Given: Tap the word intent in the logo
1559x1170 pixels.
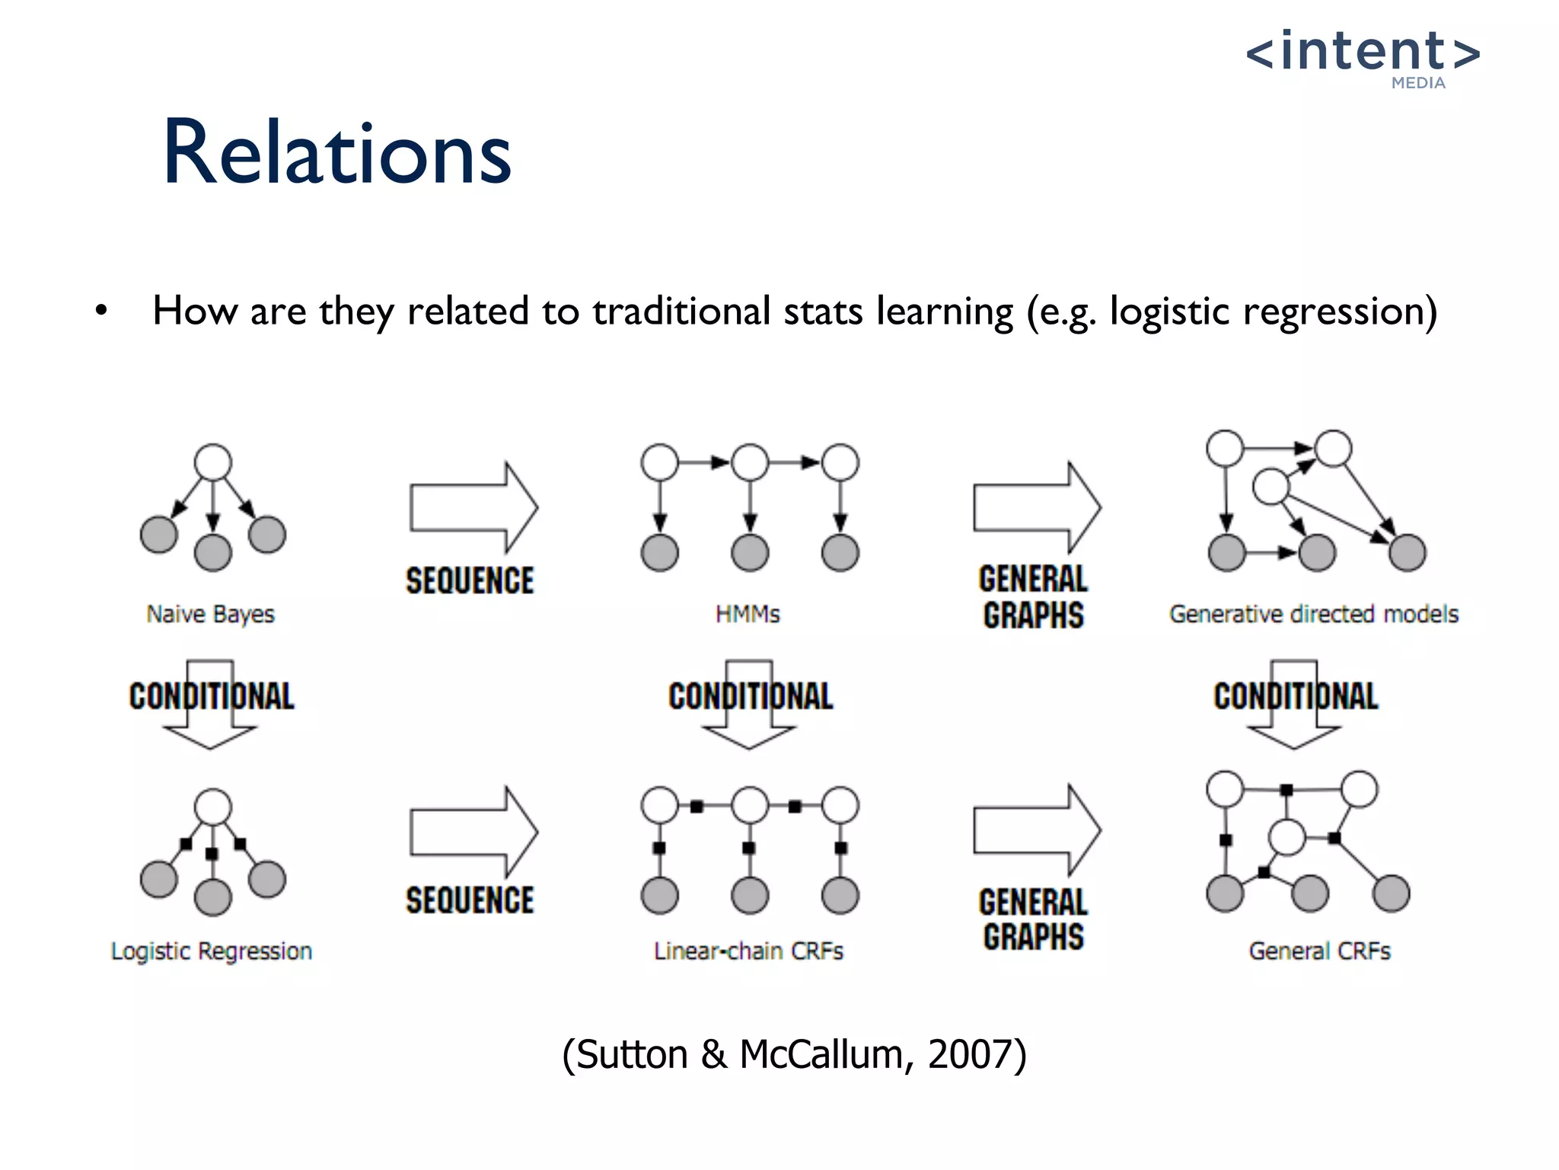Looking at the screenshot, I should point(1363,52).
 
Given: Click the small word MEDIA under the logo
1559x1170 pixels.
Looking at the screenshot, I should point(1418,84).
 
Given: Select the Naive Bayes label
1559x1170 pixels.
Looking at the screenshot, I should point(210,614).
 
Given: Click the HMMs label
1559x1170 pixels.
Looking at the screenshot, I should point(748,614).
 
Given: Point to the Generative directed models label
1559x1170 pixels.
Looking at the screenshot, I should point(1314,614).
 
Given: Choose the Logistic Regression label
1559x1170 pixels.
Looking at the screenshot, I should point(212,951).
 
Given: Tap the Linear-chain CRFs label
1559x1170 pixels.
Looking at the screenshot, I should point(749,951).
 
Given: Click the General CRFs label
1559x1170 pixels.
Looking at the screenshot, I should point(1319,951).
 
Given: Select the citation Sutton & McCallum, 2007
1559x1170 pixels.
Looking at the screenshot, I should point(794,1055).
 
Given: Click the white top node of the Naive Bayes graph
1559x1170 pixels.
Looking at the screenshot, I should point(213,462).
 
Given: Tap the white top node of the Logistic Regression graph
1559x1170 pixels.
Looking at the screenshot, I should point(213,807).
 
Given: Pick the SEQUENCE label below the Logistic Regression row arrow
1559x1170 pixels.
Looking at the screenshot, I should point(470,900).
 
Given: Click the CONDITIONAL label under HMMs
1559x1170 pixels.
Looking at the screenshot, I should point(751,696).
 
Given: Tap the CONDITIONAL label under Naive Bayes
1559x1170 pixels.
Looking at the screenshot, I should point(212,696).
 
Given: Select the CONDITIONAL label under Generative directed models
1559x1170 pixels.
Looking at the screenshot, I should point(1296,696).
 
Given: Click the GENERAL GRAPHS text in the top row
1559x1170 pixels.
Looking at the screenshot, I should point(1033,597).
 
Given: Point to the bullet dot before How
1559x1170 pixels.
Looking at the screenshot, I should point(101,312).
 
